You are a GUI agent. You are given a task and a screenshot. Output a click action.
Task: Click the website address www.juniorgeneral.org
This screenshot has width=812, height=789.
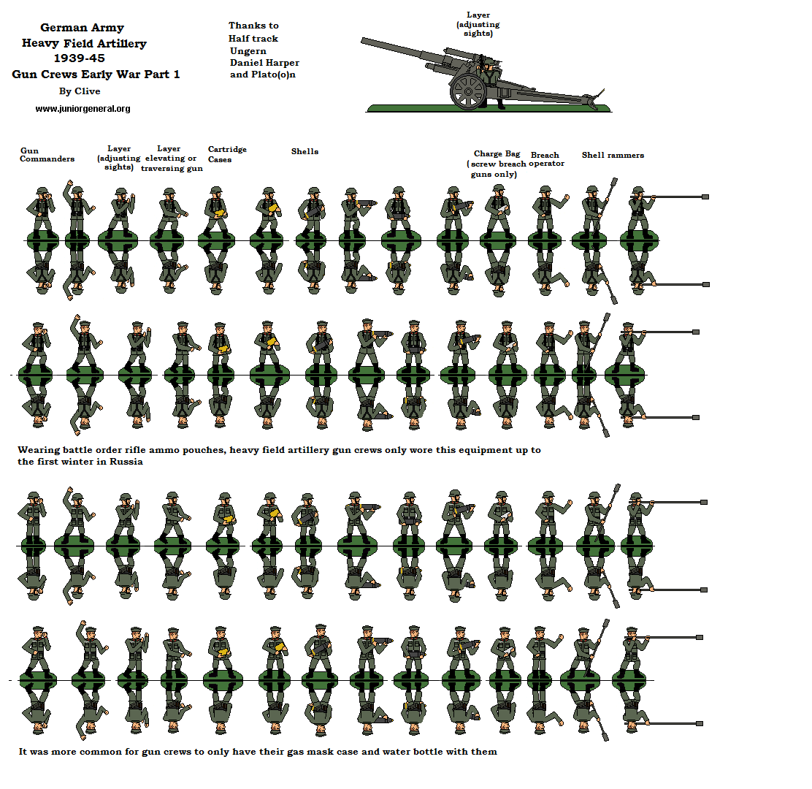83,109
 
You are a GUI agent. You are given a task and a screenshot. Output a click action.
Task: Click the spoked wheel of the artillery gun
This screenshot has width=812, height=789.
468,91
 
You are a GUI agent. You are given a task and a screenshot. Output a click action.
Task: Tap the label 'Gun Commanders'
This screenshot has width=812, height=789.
47,154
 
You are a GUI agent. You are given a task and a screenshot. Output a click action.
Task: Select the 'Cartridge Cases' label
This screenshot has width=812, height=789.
226,154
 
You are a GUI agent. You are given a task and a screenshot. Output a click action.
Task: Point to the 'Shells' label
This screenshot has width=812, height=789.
304,151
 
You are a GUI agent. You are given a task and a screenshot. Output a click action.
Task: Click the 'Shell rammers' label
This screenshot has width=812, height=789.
613,155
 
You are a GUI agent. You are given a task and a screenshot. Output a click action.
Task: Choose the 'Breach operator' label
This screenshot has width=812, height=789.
546,159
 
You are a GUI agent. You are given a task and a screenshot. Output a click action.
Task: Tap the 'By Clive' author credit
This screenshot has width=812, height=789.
80,91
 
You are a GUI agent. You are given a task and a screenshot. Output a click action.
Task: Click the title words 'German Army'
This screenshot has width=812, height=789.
82,28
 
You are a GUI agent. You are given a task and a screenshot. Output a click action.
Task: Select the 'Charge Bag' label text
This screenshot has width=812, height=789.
497,153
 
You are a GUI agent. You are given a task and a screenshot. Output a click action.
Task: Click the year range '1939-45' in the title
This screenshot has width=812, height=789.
80,58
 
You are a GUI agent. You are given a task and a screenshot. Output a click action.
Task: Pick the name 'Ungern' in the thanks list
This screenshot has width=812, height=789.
248,51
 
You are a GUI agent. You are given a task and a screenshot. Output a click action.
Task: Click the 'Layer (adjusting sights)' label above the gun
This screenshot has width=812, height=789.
478,24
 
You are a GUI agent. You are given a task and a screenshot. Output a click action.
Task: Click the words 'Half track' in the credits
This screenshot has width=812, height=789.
253,39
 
